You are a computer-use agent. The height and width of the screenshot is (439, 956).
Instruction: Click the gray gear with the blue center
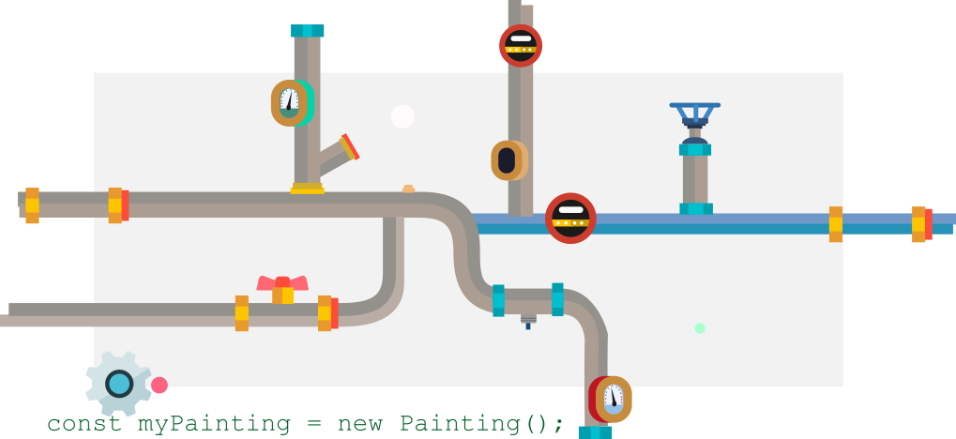coord(118,383)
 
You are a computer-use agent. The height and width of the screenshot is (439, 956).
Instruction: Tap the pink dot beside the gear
coord(159,386)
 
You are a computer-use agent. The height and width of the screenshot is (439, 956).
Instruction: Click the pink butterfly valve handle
coord(282,285)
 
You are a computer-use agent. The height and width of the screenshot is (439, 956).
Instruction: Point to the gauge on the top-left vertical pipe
coord(290,103)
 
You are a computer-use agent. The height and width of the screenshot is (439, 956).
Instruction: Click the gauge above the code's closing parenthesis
coord(613,399)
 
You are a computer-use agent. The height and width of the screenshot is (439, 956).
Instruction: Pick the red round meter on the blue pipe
coord(570,219)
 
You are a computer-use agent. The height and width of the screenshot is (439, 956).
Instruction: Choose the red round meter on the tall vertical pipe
coord(520,45)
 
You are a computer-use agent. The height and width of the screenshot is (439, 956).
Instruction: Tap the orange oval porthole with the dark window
coord(508,160)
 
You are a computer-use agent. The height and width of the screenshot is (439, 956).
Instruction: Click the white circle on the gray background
coord(402,116)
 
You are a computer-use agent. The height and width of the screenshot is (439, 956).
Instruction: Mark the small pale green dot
coord(699,328)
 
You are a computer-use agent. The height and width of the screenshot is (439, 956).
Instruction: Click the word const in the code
coord(83,424)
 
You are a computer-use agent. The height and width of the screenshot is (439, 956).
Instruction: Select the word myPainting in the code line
coord(214,424)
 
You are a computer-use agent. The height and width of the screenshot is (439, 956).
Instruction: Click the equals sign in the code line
coord(312,424)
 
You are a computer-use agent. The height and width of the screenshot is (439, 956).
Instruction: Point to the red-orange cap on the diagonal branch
coord(350,146)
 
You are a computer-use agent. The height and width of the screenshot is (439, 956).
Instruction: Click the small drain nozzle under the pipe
coord(528,321)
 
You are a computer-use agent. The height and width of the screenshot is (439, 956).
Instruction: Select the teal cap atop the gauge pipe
coord(307,31)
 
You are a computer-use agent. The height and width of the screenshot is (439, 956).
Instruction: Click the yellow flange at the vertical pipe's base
coord(307,189)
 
